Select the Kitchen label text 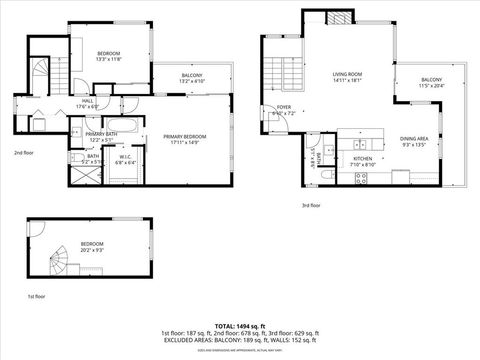(x=362, y=162)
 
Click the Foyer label (x=284, y=110)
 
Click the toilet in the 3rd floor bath (x=329, y=176)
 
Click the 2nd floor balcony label (x=192, y=78)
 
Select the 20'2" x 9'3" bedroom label (x=92, y=246)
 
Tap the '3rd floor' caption (x=310, y=205)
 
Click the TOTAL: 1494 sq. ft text (x=240, y=325)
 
